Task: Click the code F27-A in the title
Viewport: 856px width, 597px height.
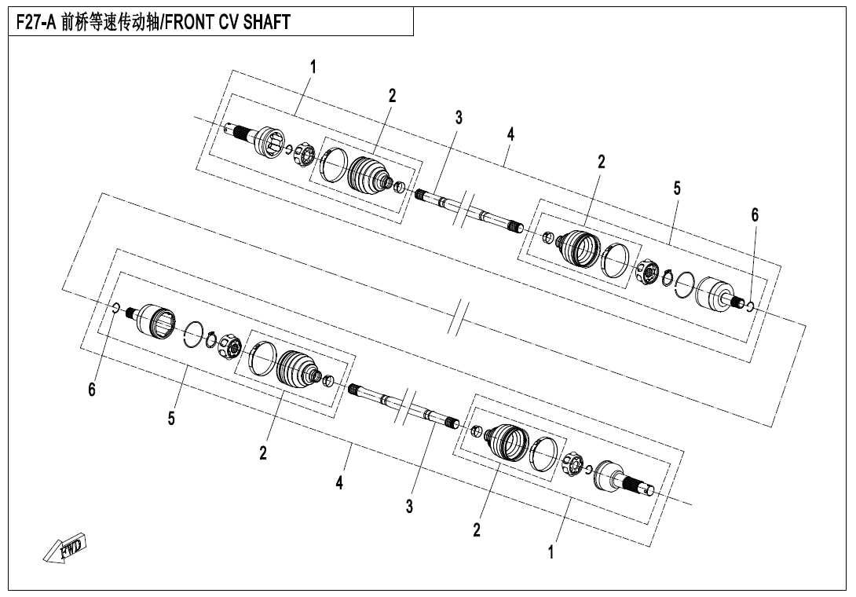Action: pos(36,22)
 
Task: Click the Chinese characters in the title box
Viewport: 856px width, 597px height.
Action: pos(110,22)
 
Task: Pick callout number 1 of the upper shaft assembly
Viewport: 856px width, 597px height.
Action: pos(313,68)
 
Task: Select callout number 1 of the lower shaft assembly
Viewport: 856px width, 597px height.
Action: pos(551,551)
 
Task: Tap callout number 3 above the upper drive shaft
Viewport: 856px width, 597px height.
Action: pos(459,117)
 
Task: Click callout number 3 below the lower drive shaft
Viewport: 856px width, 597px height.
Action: pos(409,507)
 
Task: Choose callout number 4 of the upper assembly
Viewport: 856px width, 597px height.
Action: pos(510,134)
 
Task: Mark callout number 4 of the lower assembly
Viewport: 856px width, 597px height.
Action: pos(339,483)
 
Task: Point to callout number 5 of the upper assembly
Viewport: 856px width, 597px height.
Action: pos(677,189)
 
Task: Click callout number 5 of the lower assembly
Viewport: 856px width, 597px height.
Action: pos(171,419)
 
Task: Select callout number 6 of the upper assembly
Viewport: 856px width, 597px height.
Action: pos(755,215)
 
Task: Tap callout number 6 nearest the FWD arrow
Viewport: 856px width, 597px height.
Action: pos(92,390)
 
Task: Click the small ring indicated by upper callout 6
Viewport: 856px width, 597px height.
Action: pos(749,306)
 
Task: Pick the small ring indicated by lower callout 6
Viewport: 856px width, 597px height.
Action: pos(115,309)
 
